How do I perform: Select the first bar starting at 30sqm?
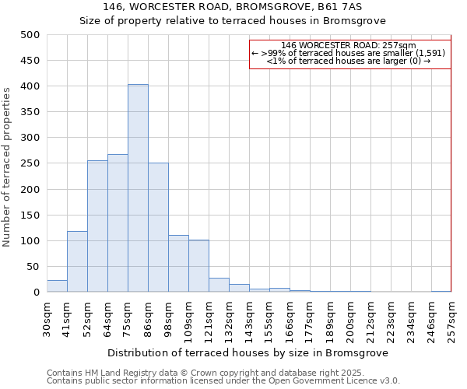57,286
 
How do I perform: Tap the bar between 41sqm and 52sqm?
77,261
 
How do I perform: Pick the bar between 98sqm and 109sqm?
178,264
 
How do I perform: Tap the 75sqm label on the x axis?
128,318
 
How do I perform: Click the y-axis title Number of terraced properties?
8,166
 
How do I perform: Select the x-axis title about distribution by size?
248,352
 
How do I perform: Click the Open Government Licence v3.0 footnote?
223,380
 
